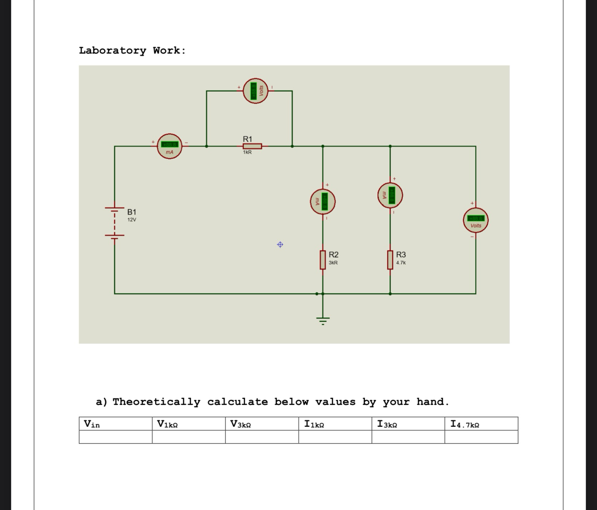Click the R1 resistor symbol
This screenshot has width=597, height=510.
click(252, 146)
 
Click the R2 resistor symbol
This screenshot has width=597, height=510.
click(323, 260)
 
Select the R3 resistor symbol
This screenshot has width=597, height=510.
click(390, 260)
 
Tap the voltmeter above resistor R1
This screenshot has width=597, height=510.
click(256, 91)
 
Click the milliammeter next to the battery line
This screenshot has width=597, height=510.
click(170, 146)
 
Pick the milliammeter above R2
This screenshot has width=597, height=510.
click(323, 202)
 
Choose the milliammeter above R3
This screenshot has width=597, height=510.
click(390, 195)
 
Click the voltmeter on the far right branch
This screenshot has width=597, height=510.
click(476, 220)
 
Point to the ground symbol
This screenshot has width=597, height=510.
click(323, 319)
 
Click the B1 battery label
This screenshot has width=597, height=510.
click(132, 212)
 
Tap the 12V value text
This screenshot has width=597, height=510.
click(132, 220)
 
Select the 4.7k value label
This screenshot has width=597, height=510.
click(401, 263)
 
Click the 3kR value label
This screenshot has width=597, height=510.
click(333, 263)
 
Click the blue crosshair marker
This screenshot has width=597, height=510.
click(280, 245)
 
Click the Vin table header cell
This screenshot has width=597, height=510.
click(115, 424)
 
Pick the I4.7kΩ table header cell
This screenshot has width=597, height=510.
click(481, 424)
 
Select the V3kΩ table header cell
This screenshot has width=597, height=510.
click(262, 424)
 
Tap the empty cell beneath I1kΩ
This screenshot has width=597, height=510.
click(335, 437)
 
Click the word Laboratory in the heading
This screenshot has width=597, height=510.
click(112, 50)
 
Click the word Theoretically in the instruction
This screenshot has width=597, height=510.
click(156, 402)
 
